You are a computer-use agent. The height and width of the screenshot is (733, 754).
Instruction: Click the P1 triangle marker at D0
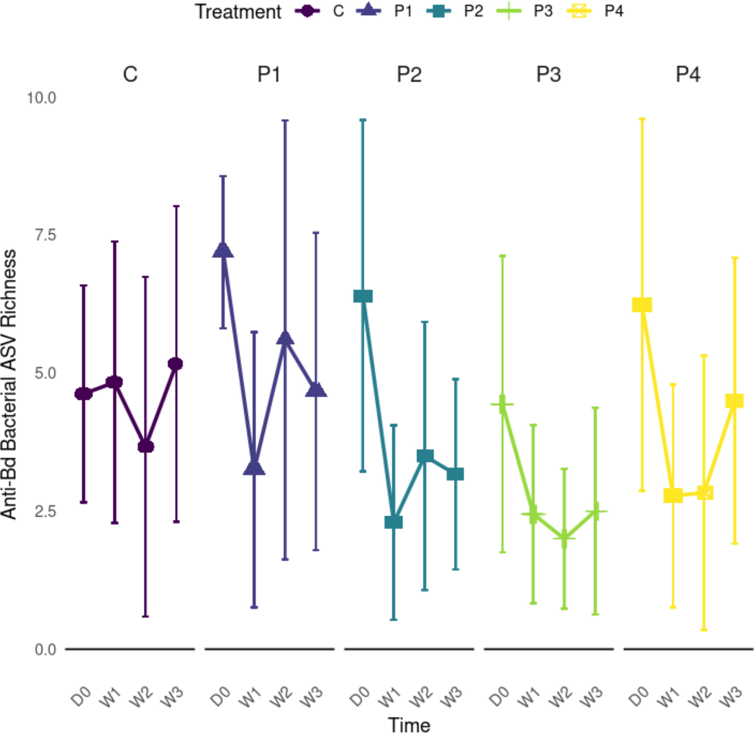tap(223, 251)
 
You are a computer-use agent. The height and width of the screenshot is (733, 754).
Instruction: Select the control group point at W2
tap(146, 446)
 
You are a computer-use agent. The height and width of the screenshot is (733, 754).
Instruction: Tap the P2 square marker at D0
tap(363, 297)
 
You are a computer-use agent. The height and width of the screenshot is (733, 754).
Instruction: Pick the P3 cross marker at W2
tap(564, 538)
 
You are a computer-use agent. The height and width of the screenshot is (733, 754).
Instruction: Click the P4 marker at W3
tap(735, 401)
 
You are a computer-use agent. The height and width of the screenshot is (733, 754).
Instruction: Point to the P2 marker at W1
tap(394, 522)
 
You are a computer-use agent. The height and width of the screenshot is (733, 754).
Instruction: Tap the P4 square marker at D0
tap(642, 305)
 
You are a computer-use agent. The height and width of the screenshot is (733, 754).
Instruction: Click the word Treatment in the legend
tap(238, 11)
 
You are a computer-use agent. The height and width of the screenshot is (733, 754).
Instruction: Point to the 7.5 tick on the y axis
tap(46, 235)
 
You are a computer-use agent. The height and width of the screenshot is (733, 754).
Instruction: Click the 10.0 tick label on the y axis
tap(41, 98)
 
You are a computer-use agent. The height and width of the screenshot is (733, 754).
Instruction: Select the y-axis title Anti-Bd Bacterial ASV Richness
tap(8, 385)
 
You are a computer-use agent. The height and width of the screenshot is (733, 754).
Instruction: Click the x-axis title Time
tap(409, 725)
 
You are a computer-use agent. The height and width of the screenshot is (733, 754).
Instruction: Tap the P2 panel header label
tap(409, 74)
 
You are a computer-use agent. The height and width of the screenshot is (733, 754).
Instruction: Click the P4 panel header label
tap(688, 74)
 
